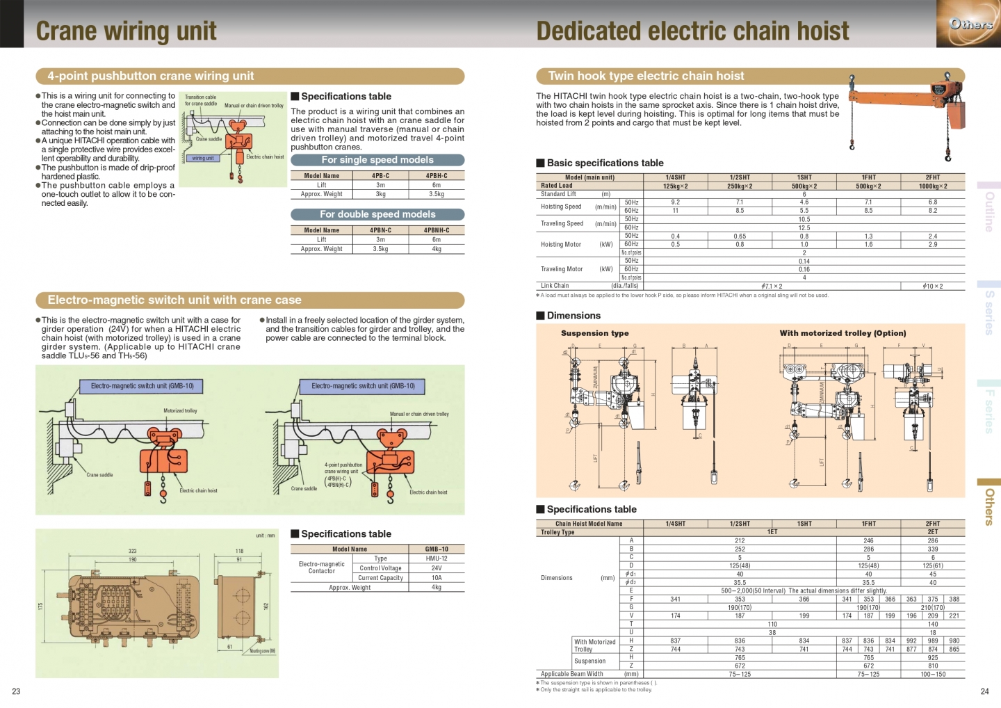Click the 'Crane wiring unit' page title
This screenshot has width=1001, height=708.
click(126, 31)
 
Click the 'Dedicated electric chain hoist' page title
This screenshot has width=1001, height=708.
click(692, 31)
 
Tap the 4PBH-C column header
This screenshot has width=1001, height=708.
click(436, 176)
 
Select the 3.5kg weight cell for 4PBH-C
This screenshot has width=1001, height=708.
click(436, 194)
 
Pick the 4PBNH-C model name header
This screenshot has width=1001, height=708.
click(436, 230)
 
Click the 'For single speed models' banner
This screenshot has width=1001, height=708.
click(377, 160)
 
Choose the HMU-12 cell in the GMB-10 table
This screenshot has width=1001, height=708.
click(436, 558)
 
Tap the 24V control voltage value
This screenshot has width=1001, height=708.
click(436, 568)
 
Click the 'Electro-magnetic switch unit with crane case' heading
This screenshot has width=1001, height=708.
click(174, 300)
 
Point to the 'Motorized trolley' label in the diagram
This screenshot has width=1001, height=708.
click(180, 411)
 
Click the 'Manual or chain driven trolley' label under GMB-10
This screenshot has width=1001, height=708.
click(419, 414)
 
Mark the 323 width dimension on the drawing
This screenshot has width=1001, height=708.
click(132, 551)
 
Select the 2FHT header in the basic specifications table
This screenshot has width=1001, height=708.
click(932, 177)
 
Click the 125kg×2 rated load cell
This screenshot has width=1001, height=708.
click(675, 186)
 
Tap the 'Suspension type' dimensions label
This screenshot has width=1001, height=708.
click(594, 333)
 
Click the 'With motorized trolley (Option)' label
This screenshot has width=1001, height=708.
click(843, 333)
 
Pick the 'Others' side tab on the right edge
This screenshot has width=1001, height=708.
click(988, 505)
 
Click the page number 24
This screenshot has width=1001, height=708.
click(984, 691)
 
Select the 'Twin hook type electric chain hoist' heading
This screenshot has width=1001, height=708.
click(646, 76)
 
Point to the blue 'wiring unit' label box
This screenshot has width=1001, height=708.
click(203, 159)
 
